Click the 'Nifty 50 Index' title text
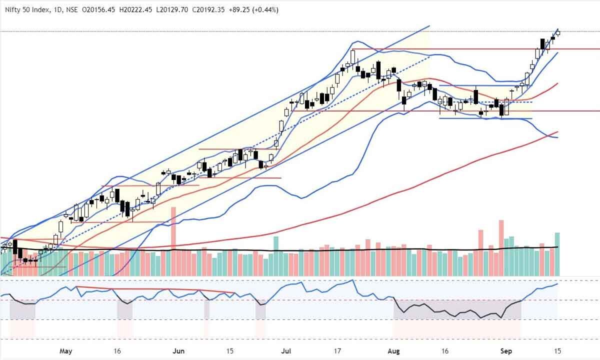tap(25, 10)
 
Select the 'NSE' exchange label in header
tap(70, 10)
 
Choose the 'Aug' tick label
tap(395, 350)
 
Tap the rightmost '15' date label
tap(556, 350)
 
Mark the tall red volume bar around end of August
tap(500, 247)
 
